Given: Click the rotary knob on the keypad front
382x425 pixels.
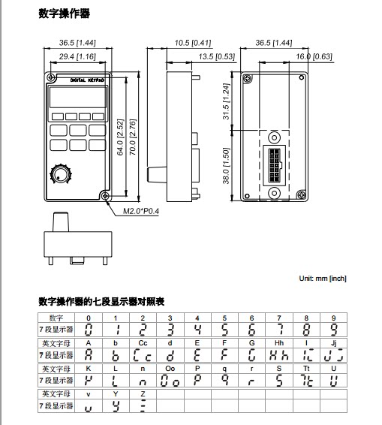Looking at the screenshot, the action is [x=61, y=173].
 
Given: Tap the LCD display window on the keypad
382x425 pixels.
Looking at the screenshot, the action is [x=78, y=98].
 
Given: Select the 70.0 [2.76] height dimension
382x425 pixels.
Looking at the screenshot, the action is [x=133, y=137].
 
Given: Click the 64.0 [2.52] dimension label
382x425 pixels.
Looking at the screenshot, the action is [x=120, y=137].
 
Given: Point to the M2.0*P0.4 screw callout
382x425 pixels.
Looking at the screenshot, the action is [x=141, y=211].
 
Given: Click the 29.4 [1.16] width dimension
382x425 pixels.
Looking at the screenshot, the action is [x=77, y=56].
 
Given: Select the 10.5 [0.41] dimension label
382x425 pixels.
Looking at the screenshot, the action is [x=193, y=43].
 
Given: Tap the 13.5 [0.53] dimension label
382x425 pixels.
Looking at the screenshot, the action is [x=217, y=56].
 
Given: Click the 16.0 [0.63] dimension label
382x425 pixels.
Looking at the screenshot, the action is [x=314, y=56].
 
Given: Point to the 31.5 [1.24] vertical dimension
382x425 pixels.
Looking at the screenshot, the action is [x=226, y=101].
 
